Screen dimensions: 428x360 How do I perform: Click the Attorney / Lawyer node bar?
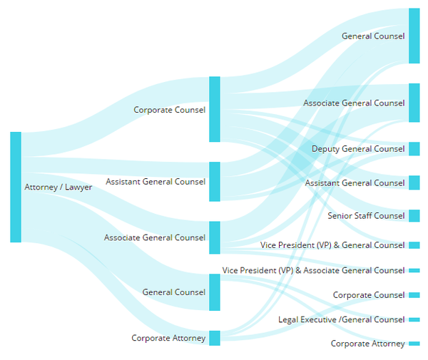pyautogui.click(x=16, y=187)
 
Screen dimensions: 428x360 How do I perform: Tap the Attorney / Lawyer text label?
pyautogui.click(x=58, y=187)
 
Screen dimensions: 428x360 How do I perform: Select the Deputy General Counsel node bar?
pyautogui.click(x=414, y=149)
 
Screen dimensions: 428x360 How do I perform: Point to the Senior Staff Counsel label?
pyautogui.click(x=366, y=216)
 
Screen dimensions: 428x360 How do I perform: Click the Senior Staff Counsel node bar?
pyautogui.click(x=414, y=216)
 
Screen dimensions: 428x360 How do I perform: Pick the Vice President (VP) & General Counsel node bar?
pyautogui.click(x=414, y=245)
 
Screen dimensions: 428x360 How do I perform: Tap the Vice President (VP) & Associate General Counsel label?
pyautogui.click(x=313, y=270)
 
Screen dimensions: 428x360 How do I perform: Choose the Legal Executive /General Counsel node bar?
pyautogui.click(x=414, y=319)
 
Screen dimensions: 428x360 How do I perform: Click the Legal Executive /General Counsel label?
pyautogui.click(x=342, y=319)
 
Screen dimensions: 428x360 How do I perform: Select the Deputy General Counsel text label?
pyautogui.click(x=358, y=149)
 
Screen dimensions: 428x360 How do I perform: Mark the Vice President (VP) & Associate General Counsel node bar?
pyautogui.click(x=414, y=271)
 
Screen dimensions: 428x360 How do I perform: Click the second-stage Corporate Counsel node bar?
pyautogui.click(x=215, y=109)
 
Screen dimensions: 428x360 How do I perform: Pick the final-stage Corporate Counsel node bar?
pyautogui.click(x=414, y=295)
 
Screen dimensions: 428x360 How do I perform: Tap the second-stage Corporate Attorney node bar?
pyautogui.click(x=215, y=338)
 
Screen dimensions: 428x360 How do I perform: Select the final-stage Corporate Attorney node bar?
pyautogui.click(x=414, y=344)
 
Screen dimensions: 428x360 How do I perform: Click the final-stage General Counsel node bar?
pyautogui.click(x=414, y=36)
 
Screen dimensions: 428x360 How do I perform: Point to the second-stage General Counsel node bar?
pyautogui.click(x=215, y=292)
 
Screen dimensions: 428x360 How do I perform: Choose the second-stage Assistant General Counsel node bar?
pyautogui.click(x=215, y=182)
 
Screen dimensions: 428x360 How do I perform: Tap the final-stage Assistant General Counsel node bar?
pyautogui.click(x=414, y=182)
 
